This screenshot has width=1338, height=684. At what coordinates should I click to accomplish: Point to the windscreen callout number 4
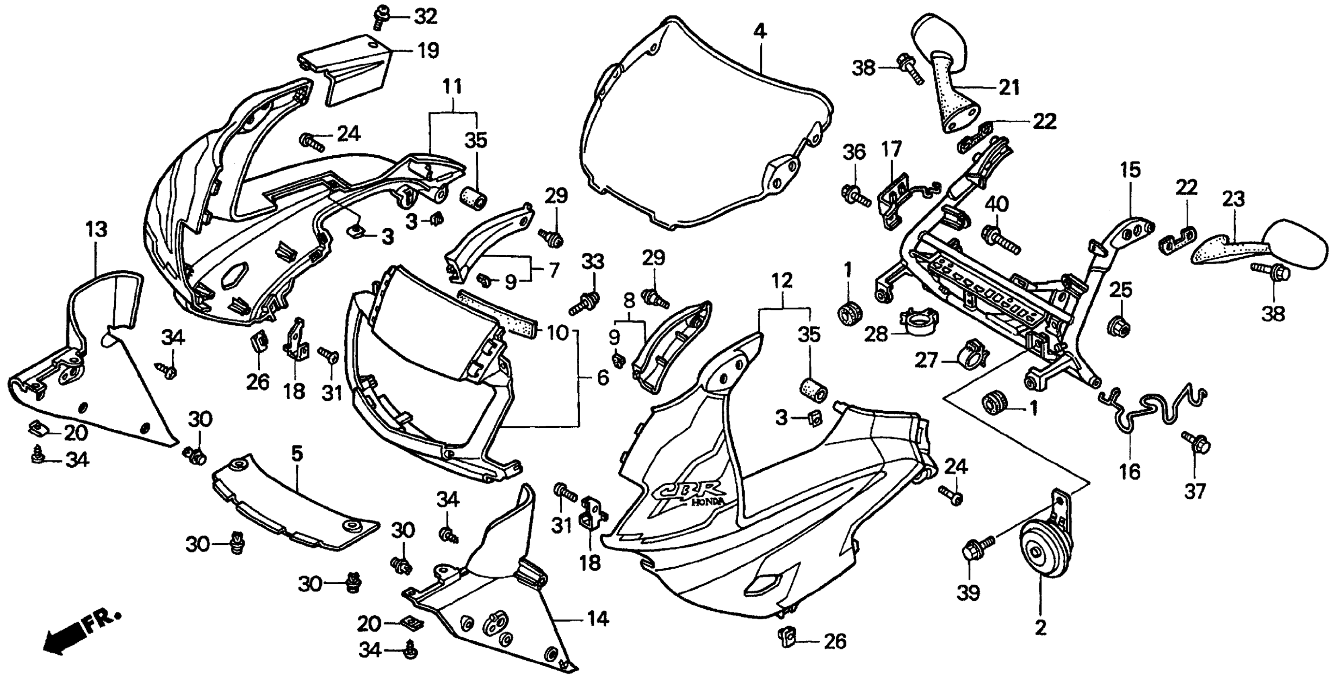pos(760,32)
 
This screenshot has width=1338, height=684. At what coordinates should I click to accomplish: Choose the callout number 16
pos(1130,472)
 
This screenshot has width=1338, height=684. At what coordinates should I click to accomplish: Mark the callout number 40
pos(996,204)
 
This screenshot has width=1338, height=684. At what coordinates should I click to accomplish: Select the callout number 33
pos(593,262)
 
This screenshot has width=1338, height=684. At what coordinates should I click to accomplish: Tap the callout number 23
pos(1233,200)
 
